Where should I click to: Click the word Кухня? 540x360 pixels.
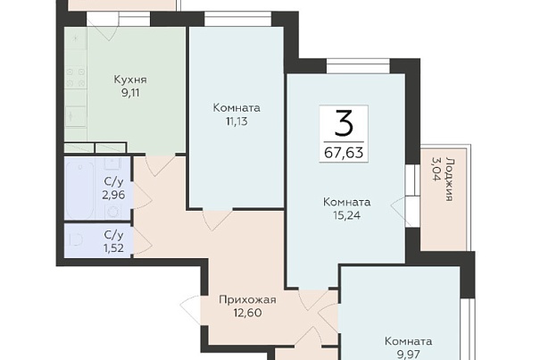[130, 80]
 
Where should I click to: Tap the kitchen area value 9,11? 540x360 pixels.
[130, 93]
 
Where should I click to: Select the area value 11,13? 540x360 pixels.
[237, 121]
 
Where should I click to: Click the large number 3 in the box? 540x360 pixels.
[344, 122]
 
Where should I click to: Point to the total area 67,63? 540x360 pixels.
[344, 152]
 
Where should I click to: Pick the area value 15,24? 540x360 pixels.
[346, 215]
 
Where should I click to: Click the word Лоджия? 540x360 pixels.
[448, 179]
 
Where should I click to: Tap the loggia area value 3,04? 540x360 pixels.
[436, 169]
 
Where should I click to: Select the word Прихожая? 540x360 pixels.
[247, 299]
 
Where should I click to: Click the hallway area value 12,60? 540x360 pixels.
[247, 313]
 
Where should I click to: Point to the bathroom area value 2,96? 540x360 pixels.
[113, 195]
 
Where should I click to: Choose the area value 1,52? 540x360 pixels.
[113, 248]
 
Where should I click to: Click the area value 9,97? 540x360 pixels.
[409, 354]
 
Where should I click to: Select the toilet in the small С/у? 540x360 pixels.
[76, 240]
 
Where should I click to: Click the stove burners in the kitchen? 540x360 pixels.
[76, 78]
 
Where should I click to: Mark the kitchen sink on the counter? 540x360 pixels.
[75, 117]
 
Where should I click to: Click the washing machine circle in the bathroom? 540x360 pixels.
[113, 211]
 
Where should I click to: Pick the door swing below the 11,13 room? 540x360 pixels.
[218, 220]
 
